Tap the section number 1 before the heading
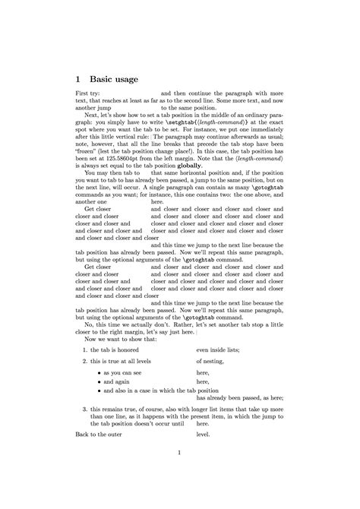pyautogui.click(x=78, y=78)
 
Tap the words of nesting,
pyautogui.click(x=213, y=361)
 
